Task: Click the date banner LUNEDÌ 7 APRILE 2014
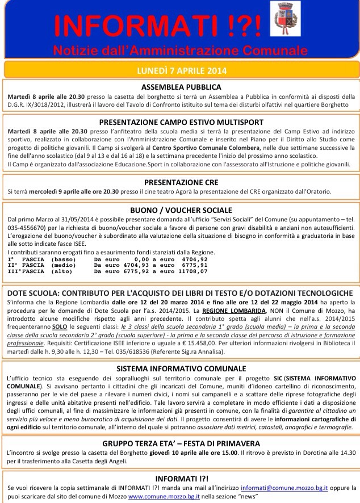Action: click(x=181, y=71)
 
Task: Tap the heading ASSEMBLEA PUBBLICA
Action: click(x=181, y=87)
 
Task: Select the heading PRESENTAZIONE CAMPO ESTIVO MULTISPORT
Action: click(x=181, y=121)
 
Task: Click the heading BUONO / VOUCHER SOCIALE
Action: click(x=181, y=209)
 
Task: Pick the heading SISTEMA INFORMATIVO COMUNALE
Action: click(x=181, y=352)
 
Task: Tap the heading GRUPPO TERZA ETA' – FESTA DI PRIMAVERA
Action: click(x=181, y=443)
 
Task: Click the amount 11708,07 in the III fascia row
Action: click(x=191, y=271)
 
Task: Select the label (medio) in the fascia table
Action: click(x=65, y=265)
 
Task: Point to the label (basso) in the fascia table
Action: click(x=65, y=258)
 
